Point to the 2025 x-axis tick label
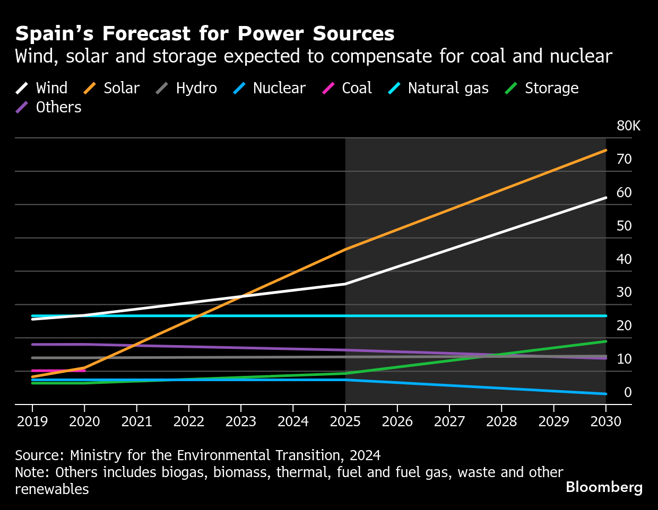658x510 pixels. point(345,421)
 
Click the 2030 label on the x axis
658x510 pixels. point(605,421)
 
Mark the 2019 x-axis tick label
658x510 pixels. point(32,421)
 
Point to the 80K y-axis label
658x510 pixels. point(628,126)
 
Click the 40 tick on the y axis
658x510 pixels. point(624,259)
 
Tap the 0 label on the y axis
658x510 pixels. point(628,392)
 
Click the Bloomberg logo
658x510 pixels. point(604,487)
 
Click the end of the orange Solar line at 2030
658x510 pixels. point(605,151)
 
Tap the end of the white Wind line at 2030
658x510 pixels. point(605,198)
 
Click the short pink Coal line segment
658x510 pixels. point(58,371)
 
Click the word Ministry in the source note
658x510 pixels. point(95,455)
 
